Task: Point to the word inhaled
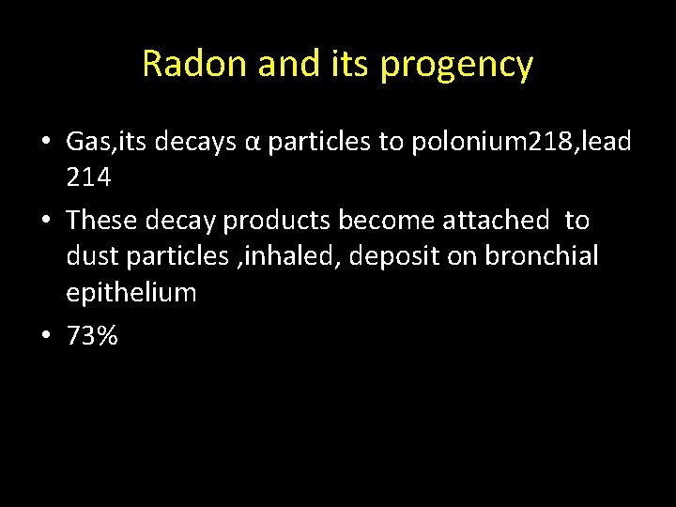tap(292, 256)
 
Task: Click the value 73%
tap(92, 335)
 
